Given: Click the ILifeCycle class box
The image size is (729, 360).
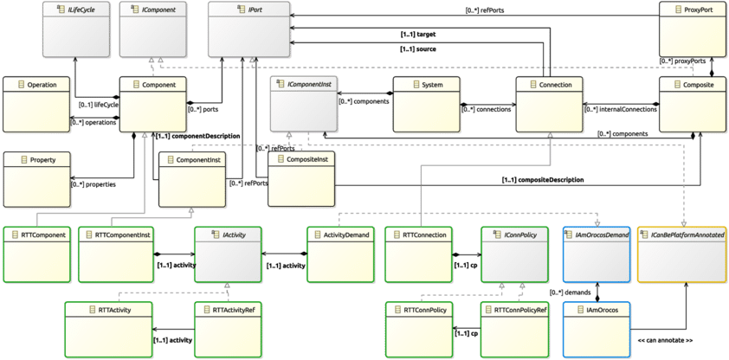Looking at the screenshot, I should click(75, 29).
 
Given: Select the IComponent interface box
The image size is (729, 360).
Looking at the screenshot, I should click(151, 29).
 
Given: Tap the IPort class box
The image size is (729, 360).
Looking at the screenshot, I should click(249, 29).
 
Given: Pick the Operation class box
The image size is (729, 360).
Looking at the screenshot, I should click(35, 106).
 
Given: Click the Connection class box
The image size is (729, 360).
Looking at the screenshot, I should click(550, 105).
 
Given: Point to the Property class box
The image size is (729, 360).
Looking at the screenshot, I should click(35, 179).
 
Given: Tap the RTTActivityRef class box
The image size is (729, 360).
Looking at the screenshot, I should click(228, 328).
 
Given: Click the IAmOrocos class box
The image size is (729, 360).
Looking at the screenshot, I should click(595, 328).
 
